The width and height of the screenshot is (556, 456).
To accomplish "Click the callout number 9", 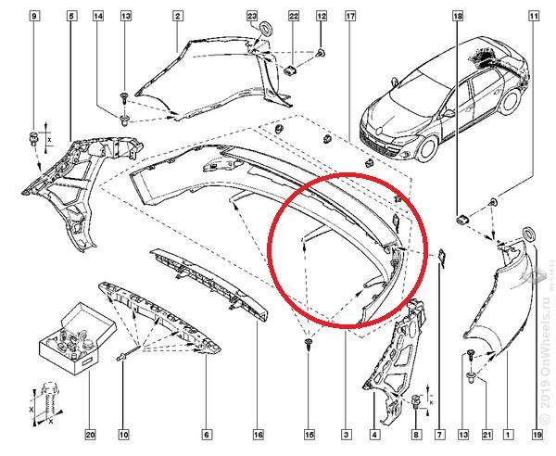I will pos(35,16).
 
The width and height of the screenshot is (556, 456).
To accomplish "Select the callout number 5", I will pos(71,16).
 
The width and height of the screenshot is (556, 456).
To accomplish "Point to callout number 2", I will pos(177,16).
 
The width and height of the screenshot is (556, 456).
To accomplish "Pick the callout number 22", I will pos(293,16).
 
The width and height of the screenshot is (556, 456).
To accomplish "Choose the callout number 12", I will pos(322,16).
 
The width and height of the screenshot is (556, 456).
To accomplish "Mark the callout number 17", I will pos(349,16).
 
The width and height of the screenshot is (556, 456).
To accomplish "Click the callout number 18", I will pos(457,16).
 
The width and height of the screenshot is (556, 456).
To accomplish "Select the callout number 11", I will pos(534,16).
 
